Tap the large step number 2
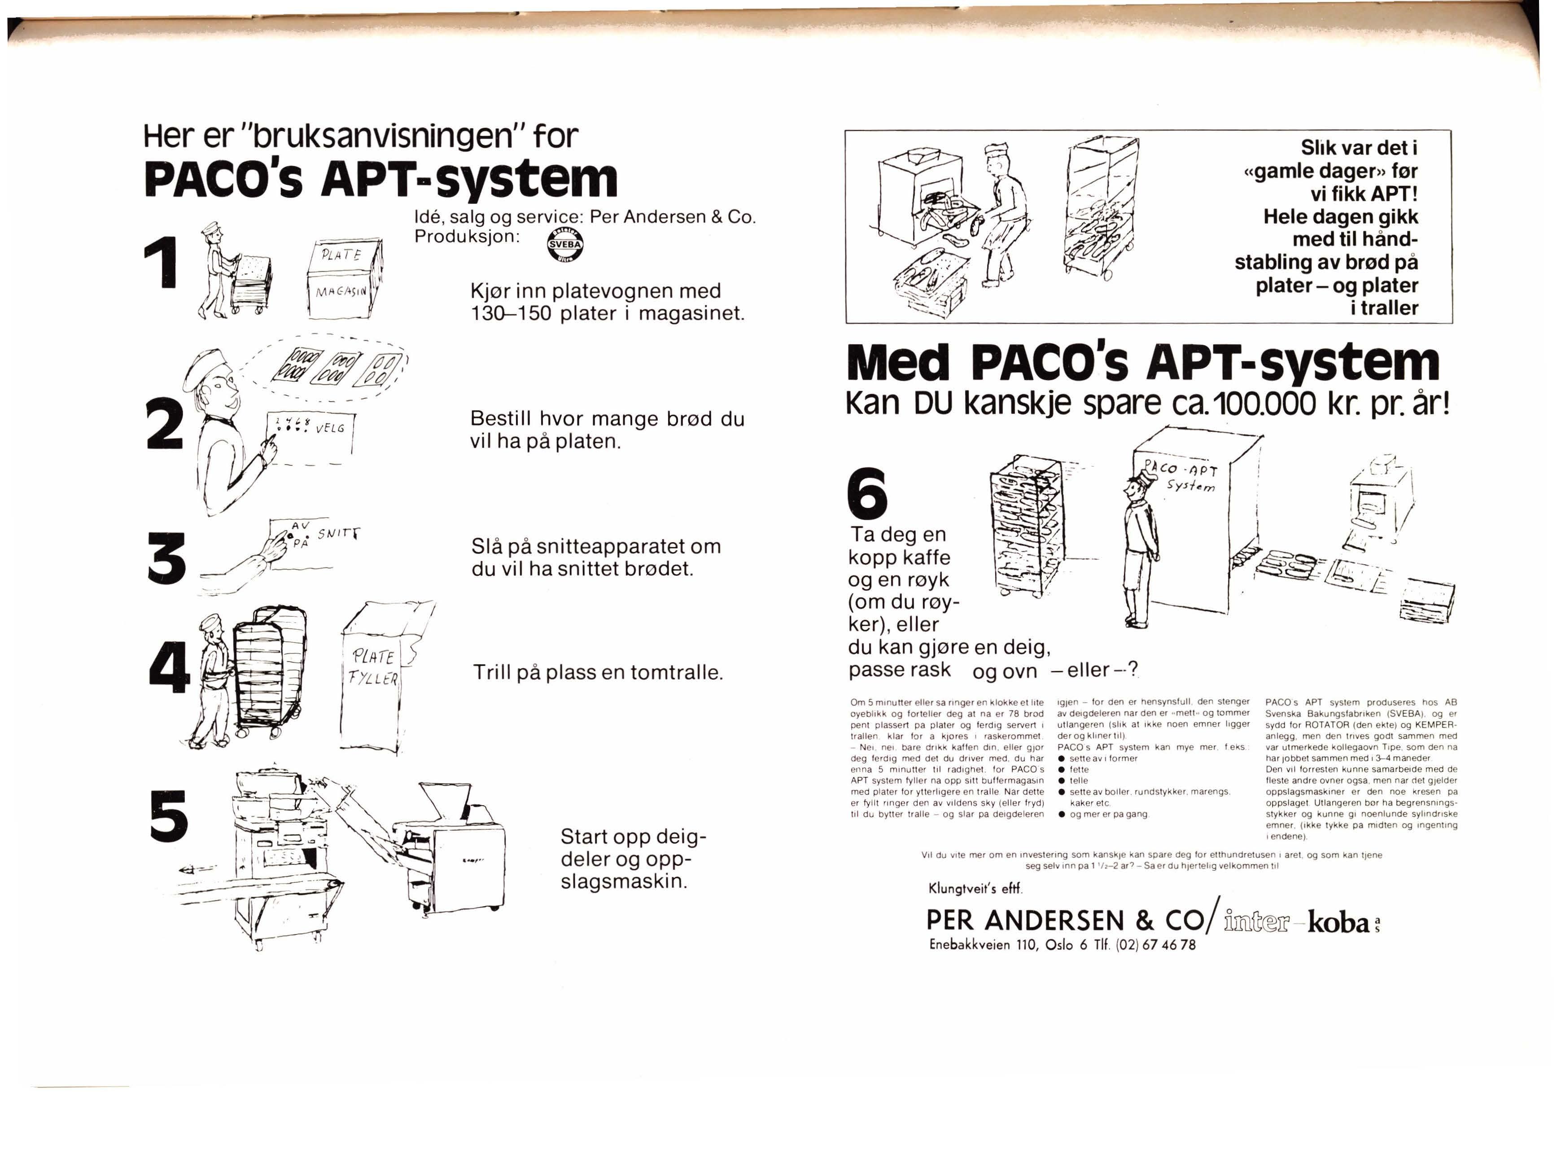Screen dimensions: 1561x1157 coord(166,423)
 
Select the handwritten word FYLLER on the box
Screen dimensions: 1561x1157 coord(375,678)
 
